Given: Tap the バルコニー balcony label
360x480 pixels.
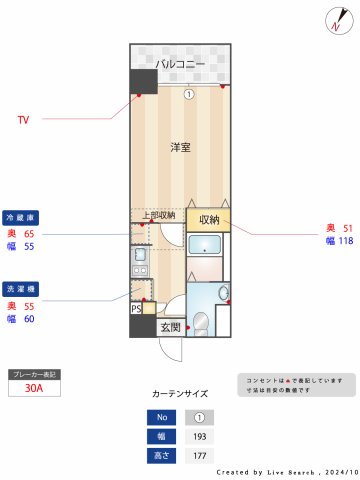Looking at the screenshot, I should pos(180,64).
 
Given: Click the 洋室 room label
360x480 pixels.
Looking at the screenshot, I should pos(180,148).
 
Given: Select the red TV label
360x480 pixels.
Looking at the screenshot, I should pos(23,120).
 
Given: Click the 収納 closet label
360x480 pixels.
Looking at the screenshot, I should pos(209,220).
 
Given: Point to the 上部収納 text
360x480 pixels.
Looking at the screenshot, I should pos(158,215).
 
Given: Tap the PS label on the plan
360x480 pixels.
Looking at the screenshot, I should pos(136,309).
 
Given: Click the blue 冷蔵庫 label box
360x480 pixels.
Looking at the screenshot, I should pos(22,216).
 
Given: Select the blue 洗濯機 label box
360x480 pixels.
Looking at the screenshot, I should pos(22,288).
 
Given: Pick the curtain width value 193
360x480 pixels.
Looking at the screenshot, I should pos(198,436).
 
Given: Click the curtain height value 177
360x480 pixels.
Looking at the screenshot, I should pos(198,456).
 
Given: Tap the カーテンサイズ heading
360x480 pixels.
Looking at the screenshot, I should pos(180,394).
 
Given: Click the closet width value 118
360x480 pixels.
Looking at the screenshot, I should pos(347,240).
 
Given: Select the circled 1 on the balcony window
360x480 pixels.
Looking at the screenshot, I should pos(188,95).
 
